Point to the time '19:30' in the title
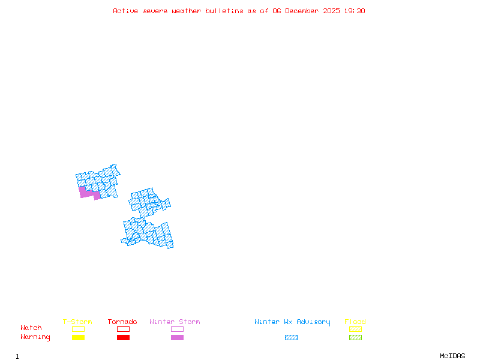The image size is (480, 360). pos(355,11)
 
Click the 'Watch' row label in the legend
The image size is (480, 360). pos(31,328)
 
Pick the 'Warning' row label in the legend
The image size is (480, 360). pos(35,337)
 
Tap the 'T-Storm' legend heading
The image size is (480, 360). pos(77,322)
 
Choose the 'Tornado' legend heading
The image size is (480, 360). pos(122,322)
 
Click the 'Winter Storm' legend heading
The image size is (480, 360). pos(175,322)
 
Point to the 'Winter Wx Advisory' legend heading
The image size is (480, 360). pos(292,322)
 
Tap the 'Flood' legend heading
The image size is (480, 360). pos(355,322)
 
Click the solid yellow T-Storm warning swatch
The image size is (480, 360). pos(78,337)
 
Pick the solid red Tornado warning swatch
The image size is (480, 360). pos(123,337)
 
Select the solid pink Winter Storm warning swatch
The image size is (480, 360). pos(177,337)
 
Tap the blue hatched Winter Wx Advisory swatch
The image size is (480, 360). pos(291,337)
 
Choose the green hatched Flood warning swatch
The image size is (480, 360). pos(355,337)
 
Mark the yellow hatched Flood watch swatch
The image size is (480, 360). pos(355,329)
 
